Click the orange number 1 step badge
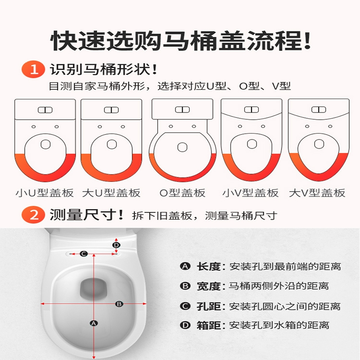[33, 70]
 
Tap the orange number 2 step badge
[33, 215]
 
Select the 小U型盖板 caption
[45, 193]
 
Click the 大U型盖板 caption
[111, 193]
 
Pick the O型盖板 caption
[182, 193]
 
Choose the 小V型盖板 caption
[251, 193]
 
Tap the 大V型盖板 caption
[317, 193]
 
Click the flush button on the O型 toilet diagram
[182, 109]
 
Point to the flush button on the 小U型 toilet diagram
[45, 110]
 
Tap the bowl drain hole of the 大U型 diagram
[111, 144]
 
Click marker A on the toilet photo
[94, 323]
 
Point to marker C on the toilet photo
[83, 254]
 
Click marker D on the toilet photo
[116, 245]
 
